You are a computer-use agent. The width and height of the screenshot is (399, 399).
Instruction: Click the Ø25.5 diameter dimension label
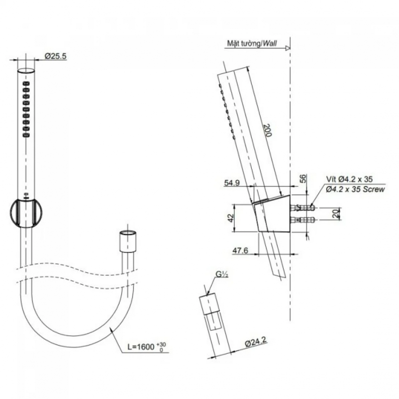56,56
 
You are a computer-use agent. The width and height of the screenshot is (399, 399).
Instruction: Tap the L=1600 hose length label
141,347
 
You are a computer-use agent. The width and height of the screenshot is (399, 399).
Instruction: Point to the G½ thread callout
221,274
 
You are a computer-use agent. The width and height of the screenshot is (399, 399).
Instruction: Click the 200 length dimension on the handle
268,130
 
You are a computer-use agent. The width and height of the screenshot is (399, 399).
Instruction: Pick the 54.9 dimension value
231,183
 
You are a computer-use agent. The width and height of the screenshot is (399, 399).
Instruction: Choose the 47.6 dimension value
240,251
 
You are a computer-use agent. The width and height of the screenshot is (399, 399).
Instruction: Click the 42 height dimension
230,218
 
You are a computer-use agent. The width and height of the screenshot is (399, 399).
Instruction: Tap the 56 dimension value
303,179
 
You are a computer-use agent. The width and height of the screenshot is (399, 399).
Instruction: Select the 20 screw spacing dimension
336,213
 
